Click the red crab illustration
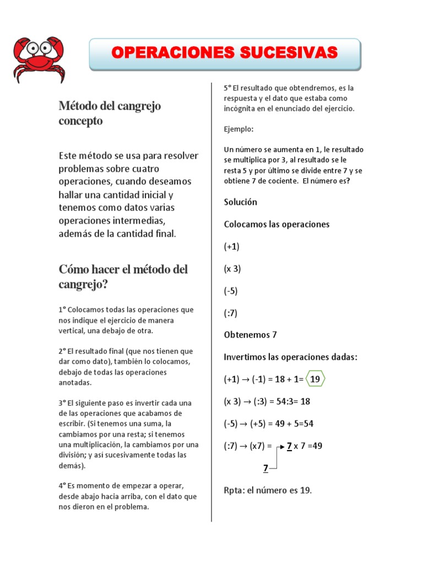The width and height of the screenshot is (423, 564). point(37,59)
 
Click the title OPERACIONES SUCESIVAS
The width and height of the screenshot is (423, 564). point(224,52)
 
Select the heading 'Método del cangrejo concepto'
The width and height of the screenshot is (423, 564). point(110,113)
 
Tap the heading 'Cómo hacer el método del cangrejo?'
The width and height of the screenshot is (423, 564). point(123,276)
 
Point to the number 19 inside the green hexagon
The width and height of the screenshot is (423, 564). point(315,379)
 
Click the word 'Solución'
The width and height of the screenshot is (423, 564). point(240,202)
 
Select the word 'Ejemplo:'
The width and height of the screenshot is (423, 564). point(238,129)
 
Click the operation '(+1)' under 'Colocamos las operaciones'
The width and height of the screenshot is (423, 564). point(232,247)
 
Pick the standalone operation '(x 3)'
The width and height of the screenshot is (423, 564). point(232,269)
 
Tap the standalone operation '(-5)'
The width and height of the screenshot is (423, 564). point(231,291)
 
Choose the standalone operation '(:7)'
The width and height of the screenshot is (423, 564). point(231,313)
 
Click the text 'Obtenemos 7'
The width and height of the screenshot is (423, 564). point(250,335)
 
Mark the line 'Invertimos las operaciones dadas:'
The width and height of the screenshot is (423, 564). point(290,357)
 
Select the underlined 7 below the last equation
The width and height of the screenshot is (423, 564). point(265,468)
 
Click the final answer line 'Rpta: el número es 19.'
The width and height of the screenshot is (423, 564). point(268,490)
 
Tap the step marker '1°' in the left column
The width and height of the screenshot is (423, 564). point(62,310)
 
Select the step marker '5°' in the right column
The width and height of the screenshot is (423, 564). point(227,88)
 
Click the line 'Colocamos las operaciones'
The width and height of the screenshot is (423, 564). point(276,224)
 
